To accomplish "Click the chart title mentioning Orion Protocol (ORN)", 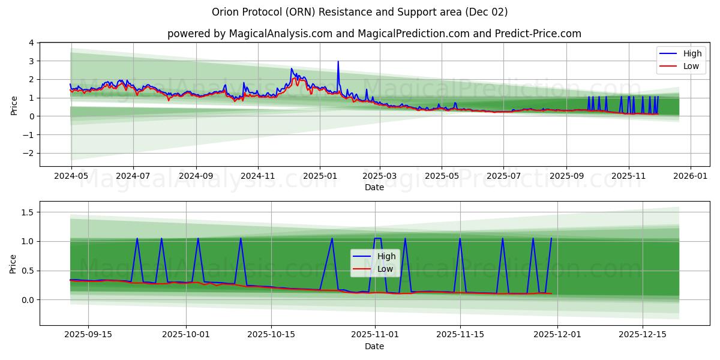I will (360, 12).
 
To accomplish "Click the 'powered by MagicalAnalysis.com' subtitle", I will (374, 34).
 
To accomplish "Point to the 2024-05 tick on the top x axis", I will (71, 176).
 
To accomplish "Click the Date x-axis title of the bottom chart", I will (374, 347).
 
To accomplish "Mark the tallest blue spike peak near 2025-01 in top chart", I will (338, 61).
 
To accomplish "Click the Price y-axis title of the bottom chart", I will (14, 263).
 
